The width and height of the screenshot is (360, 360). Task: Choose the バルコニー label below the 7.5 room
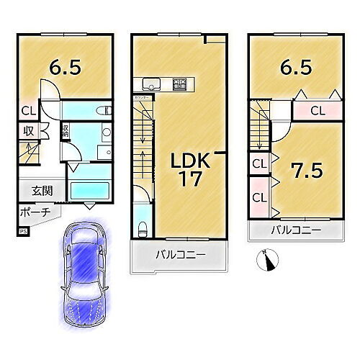coord(295,232)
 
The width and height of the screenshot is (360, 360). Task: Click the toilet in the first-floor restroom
coord(102,111)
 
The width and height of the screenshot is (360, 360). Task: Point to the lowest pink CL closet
coord(259,196)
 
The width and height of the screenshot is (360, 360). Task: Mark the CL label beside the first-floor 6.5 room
coord(27,111)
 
